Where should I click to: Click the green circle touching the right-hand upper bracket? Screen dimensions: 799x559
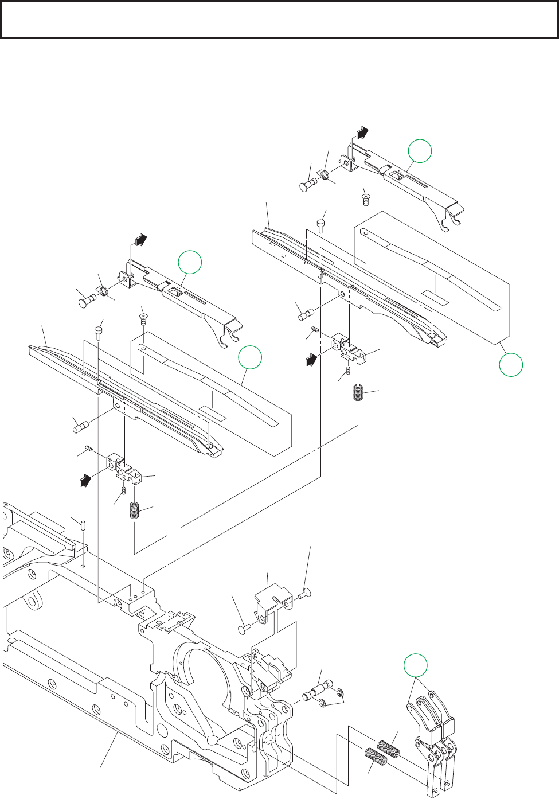(420, 151)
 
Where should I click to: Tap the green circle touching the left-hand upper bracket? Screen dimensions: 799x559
(190, 263)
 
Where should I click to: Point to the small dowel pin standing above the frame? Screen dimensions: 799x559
(83, 525)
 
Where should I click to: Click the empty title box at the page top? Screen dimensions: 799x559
(279, 19)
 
